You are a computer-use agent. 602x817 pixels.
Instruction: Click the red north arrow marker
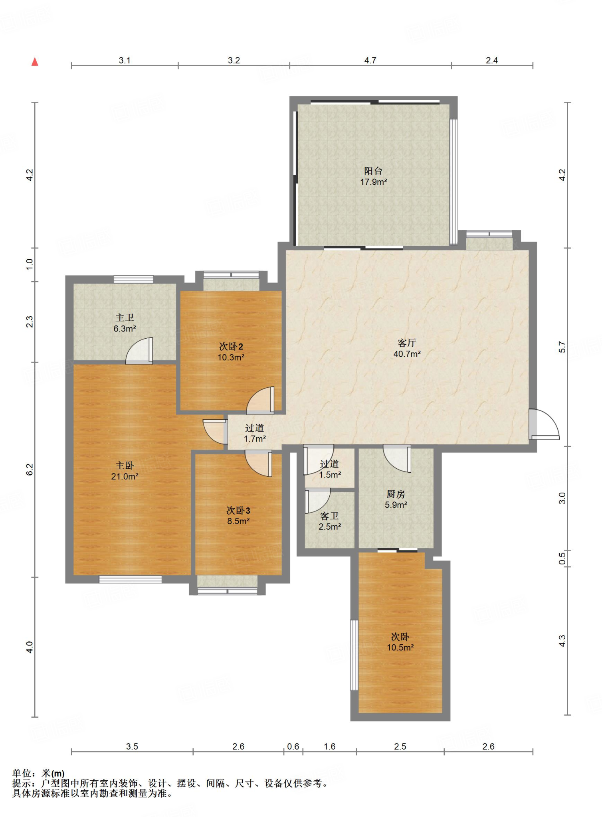coord(35,61)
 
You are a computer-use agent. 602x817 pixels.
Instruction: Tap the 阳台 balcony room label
coord(373,171)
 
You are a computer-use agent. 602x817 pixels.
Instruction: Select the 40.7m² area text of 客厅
coord(407,354)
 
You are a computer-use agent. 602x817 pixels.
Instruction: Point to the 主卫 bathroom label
coord(125,318)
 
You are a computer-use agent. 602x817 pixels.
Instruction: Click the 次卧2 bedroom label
coord(231,346)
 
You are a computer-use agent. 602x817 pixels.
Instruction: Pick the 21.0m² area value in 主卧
coord(125,476)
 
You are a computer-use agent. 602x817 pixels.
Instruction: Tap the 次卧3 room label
coord(238,510)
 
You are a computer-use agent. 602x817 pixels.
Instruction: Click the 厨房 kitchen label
coord(396,494)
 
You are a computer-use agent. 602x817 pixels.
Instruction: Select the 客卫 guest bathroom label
coord(329,516)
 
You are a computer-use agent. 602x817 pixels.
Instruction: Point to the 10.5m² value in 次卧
coord(400,647)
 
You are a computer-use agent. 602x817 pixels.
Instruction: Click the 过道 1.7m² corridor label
coord(255,433)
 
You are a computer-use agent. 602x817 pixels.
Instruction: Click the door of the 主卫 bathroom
coord(139,351)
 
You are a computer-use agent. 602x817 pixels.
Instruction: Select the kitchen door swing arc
coord(397,458)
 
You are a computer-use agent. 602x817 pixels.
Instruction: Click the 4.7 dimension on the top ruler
coord(370,60)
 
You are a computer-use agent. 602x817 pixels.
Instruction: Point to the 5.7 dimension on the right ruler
coord(562,347)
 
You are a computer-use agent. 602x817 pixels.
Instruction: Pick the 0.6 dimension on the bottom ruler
coord(293,746)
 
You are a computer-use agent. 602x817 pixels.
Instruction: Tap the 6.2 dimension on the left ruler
coord(30,469)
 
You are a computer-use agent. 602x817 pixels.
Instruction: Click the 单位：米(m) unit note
coord(38,774)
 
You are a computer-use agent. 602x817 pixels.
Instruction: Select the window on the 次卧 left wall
coord(354,655)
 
